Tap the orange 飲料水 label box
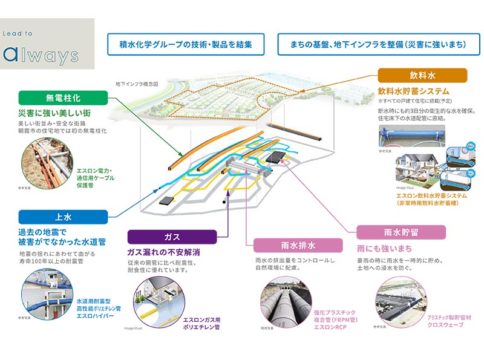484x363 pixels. pos(422,76)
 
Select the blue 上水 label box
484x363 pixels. pos(63,217)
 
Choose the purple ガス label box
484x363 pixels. pos(171,235)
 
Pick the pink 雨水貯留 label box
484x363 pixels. pos(401,232)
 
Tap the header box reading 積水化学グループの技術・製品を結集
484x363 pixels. pos(185,45)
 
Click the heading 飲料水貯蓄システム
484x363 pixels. pos(411,90)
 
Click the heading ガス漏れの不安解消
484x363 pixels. pos(163,251)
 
